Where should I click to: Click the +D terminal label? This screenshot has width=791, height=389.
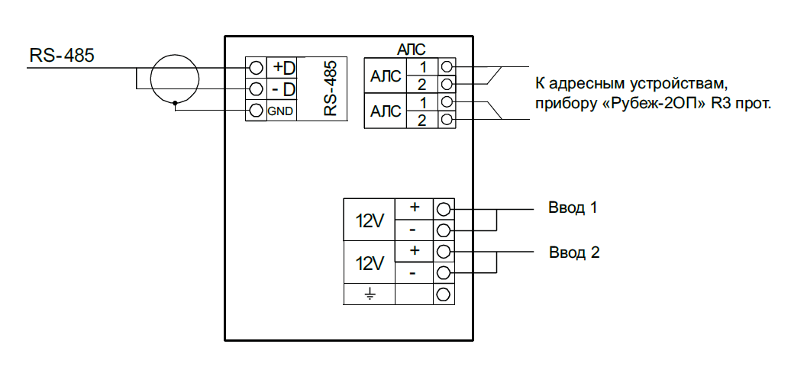point(284,68)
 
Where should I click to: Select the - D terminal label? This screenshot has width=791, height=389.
point(284,90)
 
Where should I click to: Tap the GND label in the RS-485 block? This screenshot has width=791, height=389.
point(280,111)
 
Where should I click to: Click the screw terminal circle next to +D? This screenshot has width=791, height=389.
point(256,68)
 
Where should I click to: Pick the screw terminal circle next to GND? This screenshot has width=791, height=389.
point(256,111)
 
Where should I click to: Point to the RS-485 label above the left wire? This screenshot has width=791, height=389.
point(62,56)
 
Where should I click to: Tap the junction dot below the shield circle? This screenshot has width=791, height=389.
point(175,103)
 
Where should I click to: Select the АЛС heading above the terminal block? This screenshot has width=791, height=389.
point(412,50)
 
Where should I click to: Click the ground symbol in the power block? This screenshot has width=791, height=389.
point(370,294)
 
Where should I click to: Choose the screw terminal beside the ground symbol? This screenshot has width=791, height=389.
point(444,294)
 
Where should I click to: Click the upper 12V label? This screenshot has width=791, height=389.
point(370,220)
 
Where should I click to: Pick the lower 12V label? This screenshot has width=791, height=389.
point(370,263)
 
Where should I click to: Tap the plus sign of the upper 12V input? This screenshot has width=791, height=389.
point(414,207)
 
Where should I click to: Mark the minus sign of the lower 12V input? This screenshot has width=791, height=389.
point(412,273)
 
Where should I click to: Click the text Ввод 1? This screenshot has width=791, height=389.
point(573,207)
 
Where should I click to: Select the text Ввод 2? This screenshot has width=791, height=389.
point(574,252)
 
